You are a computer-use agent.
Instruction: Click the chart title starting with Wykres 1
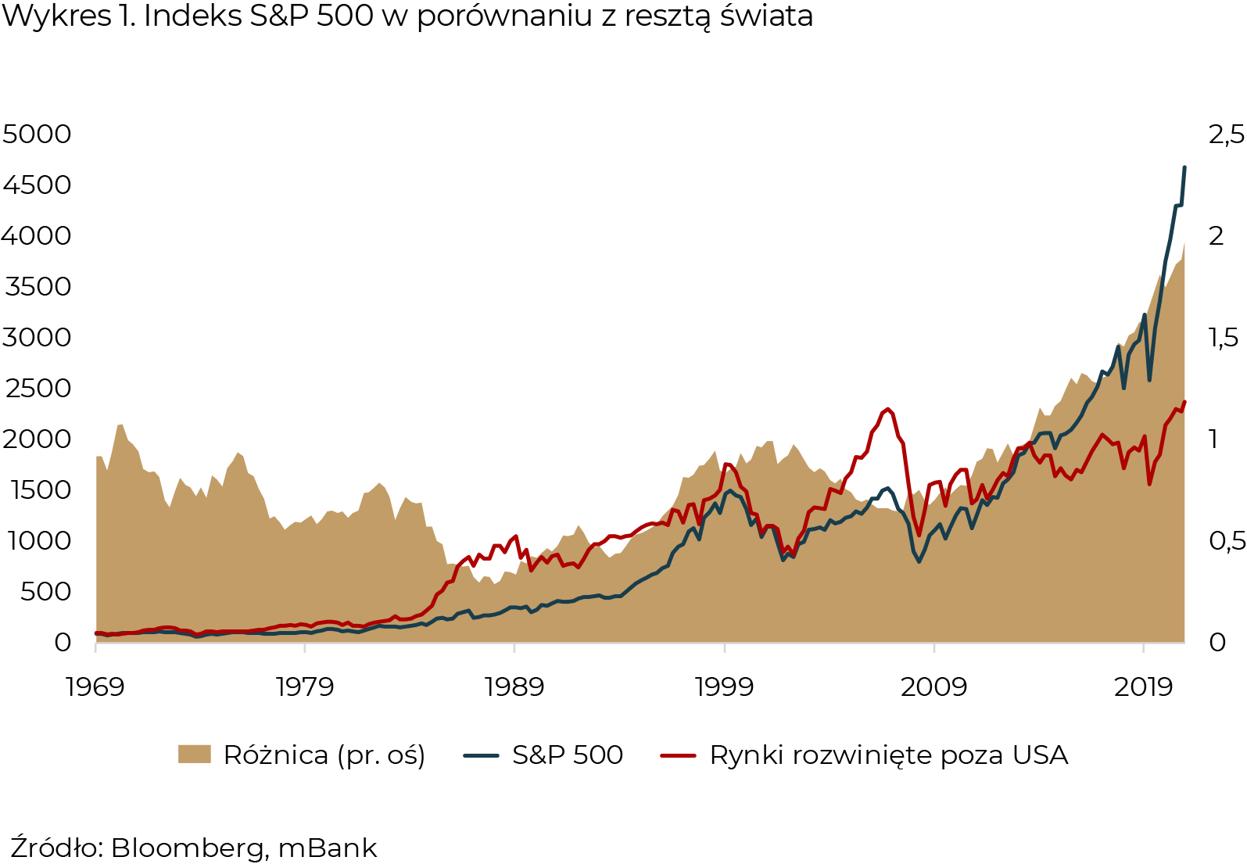coord(407,16)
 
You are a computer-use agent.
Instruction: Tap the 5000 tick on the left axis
coord(37,134)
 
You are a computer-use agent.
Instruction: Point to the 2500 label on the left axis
coord(37,388)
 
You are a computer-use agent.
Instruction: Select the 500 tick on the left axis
coord(45,591)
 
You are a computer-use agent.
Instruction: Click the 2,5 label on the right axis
coord(1226,134)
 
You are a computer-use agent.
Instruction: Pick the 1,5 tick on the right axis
coord(1224,337)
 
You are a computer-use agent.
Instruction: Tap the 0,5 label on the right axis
coord(1226,540)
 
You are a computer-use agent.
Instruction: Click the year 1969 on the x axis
coord(95,687)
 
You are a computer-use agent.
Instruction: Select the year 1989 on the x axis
coord(514,687)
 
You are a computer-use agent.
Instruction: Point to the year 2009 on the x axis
coord(933,687)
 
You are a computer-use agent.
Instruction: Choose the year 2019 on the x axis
coord(1143,687)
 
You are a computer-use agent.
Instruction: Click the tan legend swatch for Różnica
coord(195,755)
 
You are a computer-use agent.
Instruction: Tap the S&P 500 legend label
coord(568,755)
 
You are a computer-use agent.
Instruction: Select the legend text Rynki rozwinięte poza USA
coord(888,755)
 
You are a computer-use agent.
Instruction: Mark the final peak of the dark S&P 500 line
coord(1184,167)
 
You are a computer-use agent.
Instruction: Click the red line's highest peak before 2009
coord(887,408)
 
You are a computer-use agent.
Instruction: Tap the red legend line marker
coord(678,755)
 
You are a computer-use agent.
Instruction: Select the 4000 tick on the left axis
coord(37,235)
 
